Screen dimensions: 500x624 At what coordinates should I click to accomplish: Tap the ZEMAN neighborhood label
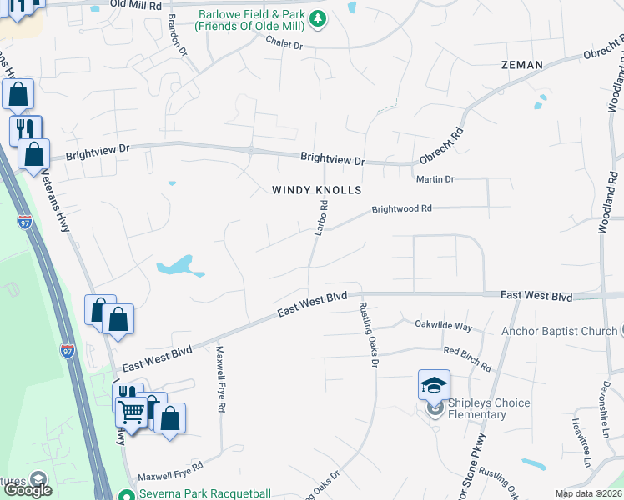pyautogui.click(x=522, y=65)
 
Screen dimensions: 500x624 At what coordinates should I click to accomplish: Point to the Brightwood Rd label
pyautogui.click(x=401, y=209)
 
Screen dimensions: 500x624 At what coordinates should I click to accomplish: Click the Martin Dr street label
pyautogui.click(x=435, y=179)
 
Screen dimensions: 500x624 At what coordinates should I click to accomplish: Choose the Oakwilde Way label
pyautogui.click(x=444, y=326)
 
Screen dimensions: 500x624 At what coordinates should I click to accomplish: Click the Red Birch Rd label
pyautogui.click(x=467, y=359)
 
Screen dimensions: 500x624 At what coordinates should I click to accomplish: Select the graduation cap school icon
pyautogui.click(x=434, y=385)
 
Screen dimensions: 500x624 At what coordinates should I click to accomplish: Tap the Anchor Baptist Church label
pyautogui.click(x=559, y=331)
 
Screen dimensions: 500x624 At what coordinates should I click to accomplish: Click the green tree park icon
pyautogui.click(x=317, y=18)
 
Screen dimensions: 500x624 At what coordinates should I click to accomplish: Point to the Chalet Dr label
pyautogui.click(x=284, y=43)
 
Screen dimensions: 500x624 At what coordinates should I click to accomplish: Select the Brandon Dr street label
pyautogui.click(x=178, y=33)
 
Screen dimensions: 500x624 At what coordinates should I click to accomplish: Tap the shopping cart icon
pyautogui.click(x=132, y=411)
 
